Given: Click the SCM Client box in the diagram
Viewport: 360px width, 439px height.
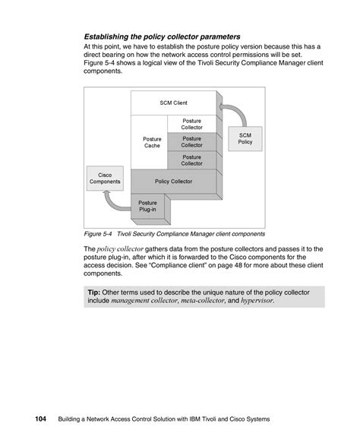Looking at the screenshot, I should coord(173,103).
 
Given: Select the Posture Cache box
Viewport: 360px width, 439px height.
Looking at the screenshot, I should coord(153,142).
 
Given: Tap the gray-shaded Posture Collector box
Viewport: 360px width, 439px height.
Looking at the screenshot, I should coord(191,142).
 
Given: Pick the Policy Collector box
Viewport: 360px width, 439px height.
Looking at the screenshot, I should coord(173,182).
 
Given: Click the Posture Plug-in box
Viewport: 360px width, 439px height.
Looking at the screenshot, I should coord(147,207).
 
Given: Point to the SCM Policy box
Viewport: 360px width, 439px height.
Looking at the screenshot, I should coord(245,138).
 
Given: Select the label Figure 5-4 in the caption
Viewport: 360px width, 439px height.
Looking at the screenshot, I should coord(99,234).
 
